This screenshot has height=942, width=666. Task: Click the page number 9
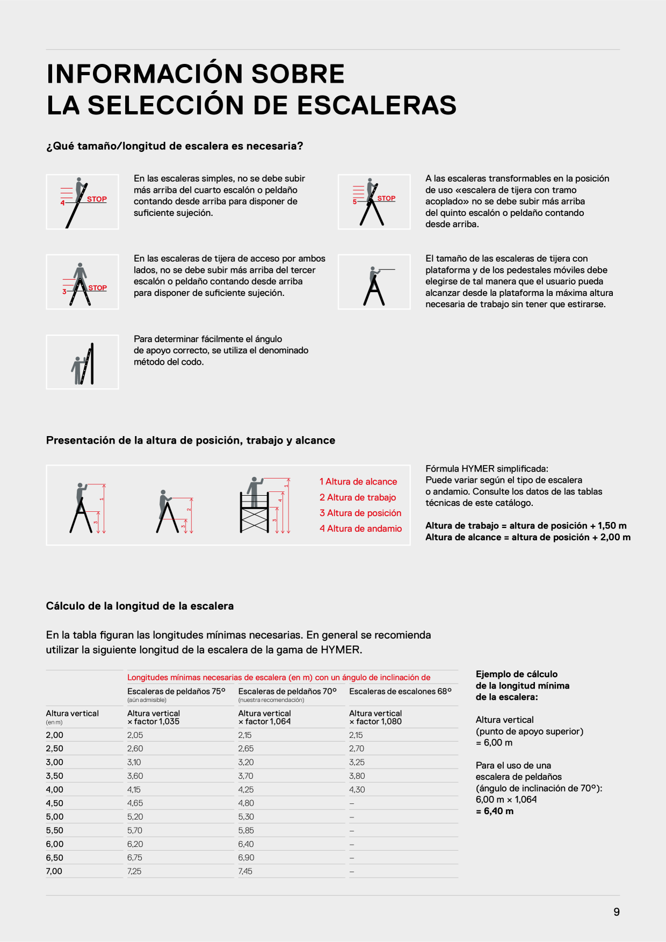coord(617,912)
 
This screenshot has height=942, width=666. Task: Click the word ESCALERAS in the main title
coord(377,105)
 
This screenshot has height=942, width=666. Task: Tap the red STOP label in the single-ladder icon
coord(97,199)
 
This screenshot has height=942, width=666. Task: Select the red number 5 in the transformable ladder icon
coord(354,202)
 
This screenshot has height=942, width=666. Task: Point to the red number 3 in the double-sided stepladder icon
coord(64,292)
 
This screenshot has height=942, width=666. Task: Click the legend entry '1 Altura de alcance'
coord(358,482)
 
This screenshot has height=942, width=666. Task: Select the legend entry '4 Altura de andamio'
coord(360,528)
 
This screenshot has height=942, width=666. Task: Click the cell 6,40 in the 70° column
coord(246,844)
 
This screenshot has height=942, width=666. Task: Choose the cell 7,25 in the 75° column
coord(134,871)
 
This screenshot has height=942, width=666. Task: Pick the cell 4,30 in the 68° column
coord(357,789)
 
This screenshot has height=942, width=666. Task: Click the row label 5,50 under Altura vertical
coord(55,830)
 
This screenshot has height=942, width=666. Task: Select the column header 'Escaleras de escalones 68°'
coord(401,691)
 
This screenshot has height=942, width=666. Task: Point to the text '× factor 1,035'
coord(154,721)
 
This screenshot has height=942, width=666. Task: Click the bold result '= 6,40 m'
coord(495,811)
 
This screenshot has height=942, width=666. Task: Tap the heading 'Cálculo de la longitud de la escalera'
coord(140,606)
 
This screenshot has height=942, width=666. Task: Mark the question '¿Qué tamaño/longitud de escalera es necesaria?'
coord(175,146)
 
